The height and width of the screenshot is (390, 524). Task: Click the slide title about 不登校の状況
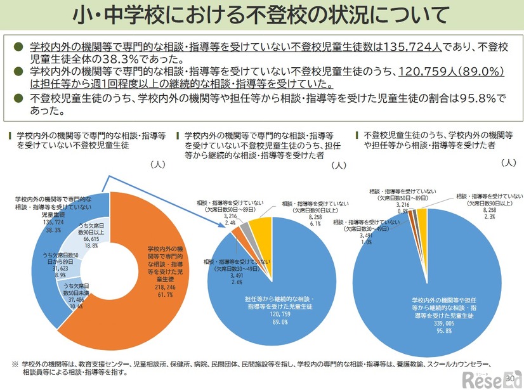[x=261, y=15]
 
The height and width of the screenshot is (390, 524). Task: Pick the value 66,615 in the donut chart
[x=88, y=238]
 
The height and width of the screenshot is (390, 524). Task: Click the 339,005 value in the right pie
[x=426, y=322]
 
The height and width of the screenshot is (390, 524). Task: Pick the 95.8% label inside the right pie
[x=426, y=330]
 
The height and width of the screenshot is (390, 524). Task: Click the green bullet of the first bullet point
[x=18, y=46]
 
